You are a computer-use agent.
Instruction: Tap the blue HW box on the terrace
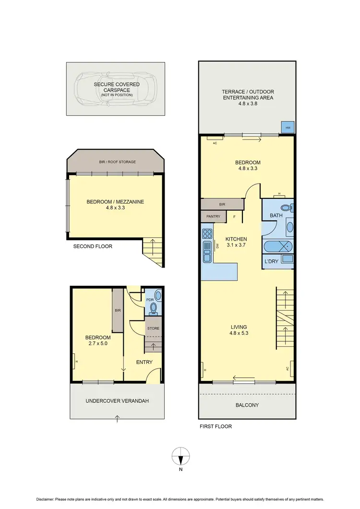[x=288, y=127]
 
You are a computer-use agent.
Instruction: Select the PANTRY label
[x=213, y=217]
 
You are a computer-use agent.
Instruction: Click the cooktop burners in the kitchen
[x=207, y=234]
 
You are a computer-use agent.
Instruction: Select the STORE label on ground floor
[x=154, y=328]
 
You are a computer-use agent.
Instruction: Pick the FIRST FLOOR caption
[x=215, y=426]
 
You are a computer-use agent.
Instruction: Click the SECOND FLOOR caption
[x=93, y=246]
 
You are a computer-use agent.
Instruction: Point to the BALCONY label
[x=247, y=405]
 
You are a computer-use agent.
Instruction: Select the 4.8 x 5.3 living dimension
[x=239, y=334]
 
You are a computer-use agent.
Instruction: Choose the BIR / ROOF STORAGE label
[x=115, y=162]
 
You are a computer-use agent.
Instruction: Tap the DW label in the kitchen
[x=218, y=245]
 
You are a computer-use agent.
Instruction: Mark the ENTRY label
[x=144, y=362]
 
